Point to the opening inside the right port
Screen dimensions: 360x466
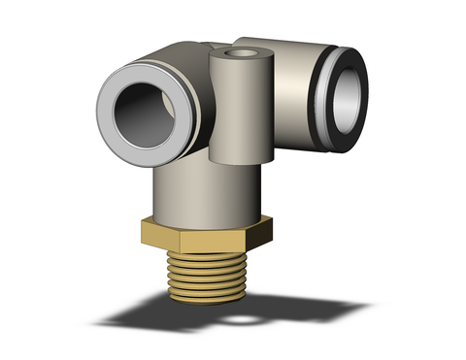pyautogui.click(x=351, y=88)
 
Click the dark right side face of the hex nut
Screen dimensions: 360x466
pyautogui.click(x=264, y=229)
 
